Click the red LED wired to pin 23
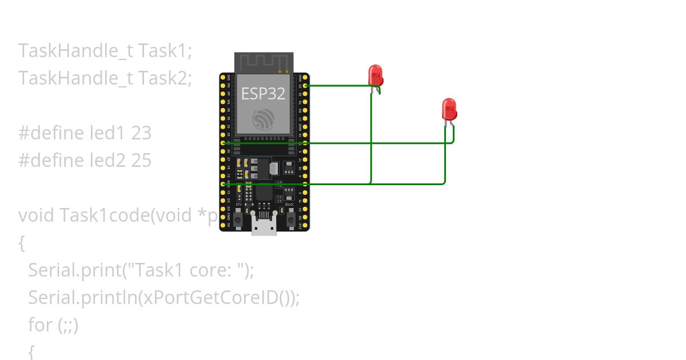coord(375,76)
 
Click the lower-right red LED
coord(449,109)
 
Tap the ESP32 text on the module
coord(263,93)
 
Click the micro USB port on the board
coord(264,226)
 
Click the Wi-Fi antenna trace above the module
coord(263,62)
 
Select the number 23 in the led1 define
coord(141,133)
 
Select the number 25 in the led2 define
coord(141,160)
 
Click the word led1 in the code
coord(108,133)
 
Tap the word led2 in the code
coord(108,160)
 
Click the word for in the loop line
coord(40,325)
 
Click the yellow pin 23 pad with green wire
coord(306,85)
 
